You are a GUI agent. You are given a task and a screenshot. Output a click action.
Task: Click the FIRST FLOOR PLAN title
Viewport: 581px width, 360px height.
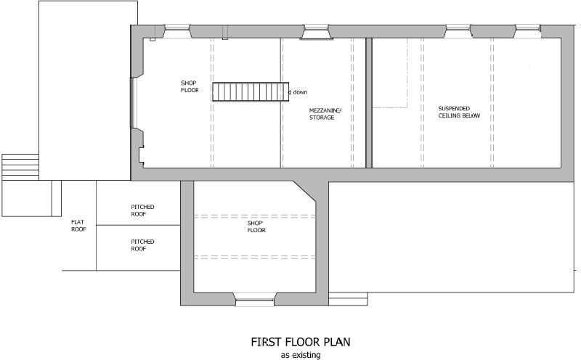(x=301, y=342)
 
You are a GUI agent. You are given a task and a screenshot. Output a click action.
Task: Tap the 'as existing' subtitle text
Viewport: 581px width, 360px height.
(x=301, y=355)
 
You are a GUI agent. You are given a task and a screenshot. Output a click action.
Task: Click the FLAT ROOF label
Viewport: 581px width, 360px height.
(x=78, y=225)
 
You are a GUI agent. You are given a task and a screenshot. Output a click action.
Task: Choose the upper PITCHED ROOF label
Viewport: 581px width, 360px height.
(x=142, y=210)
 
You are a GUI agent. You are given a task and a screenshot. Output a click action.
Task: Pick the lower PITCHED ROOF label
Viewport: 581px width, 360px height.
(x=142, y=245)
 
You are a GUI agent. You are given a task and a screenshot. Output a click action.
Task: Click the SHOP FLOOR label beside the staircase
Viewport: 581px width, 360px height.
(x=190, y=86)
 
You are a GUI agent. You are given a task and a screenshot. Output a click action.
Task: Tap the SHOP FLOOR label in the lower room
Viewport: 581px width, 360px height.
(x=256, y=226)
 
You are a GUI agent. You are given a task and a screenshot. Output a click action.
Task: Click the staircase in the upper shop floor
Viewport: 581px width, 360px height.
(x=248, y=92)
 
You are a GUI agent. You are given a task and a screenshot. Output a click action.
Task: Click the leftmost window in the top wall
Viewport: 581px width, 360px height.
(x=176, y=30)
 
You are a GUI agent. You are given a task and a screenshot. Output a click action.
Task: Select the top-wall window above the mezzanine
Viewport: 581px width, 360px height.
(x=314, y=30)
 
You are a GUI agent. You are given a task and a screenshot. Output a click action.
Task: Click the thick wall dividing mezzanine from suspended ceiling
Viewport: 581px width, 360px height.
(x=368, y=102)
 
